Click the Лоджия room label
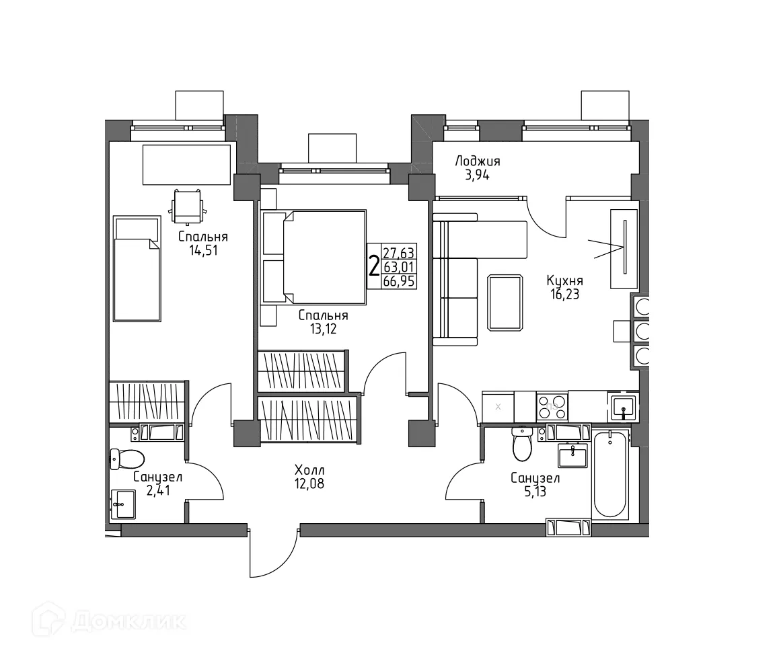[478, 161]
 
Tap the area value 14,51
[203, 250]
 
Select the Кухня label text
[564, 280]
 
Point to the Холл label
[309, 470]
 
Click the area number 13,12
[324, 329]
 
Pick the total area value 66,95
[399, 282]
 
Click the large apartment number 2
[374, 266]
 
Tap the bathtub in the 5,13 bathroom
[611, 475]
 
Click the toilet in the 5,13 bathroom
[521, 443]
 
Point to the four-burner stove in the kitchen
[552, 406]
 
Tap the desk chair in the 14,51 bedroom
[187, 207]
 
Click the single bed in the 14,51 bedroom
[137, 269]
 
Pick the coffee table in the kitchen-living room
[505, 303]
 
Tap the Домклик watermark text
[129, 621]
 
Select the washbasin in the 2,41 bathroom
[123, 504]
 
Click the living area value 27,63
[398, 253]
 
